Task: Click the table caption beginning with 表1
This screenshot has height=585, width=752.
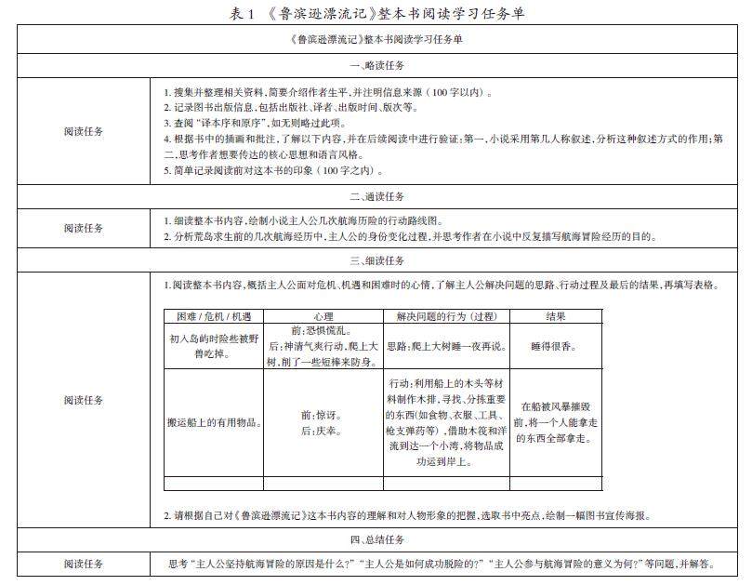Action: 375,13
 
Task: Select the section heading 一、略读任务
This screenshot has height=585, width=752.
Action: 376,65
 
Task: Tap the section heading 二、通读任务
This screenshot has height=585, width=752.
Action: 376,197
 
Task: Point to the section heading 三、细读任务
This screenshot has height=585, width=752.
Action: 376,260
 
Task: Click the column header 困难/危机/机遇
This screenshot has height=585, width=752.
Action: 213,317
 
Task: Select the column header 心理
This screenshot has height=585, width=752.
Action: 323,317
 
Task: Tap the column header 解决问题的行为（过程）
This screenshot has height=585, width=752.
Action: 445,317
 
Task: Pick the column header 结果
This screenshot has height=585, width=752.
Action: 556,317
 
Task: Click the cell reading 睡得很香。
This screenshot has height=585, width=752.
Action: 556,346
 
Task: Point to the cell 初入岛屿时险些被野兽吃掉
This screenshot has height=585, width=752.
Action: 213,346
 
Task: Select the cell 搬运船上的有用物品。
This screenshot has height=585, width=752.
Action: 213,423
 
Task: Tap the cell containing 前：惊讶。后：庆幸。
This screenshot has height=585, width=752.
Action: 323,423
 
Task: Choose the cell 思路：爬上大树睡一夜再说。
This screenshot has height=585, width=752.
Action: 445,346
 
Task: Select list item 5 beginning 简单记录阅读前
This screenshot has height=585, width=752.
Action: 272,171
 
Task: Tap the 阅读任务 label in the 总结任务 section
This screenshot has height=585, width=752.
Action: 84,564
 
